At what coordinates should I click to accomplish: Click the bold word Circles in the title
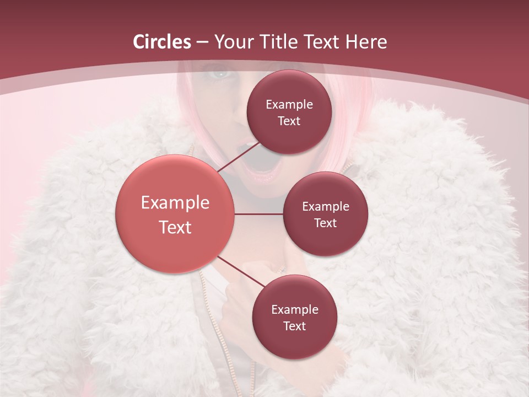pos(162,42)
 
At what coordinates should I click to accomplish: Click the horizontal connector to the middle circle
pos(258,214)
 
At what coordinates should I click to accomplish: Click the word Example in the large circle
pos(175,203)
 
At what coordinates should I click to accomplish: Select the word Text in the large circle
pos(175,227)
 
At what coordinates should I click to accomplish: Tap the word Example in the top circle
pos(289,105)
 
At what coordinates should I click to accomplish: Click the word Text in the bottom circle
pos(294,326)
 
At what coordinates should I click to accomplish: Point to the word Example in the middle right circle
pos(325,207)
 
